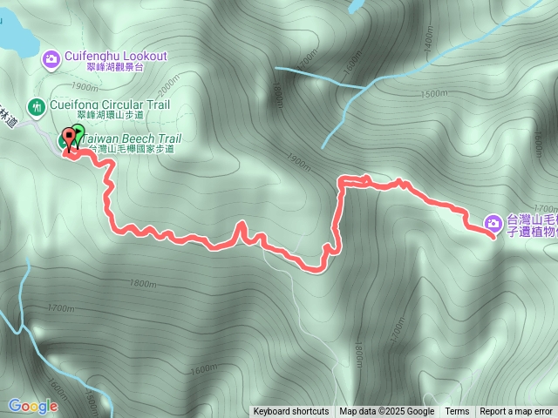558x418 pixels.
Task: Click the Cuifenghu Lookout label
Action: (x=115, y=56)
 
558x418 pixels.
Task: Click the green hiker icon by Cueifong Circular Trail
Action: (x=36, y=107)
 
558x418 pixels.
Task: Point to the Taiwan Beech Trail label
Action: (x=133, y=138)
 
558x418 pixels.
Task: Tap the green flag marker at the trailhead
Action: (x=78, y=134)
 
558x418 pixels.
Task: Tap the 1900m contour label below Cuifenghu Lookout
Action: (x=84, y=86)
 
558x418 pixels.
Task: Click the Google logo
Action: (x=33, y=406)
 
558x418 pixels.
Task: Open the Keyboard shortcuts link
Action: (x=291, y=412)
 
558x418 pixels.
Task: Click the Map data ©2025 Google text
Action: (x=387, y=412)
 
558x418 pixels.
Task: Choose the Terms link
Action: (x=457, y=412)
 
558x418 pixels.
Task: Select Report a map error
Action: (x=516, y=412)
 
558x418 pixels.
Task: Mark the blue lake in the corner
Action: (x=13, y=30)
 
